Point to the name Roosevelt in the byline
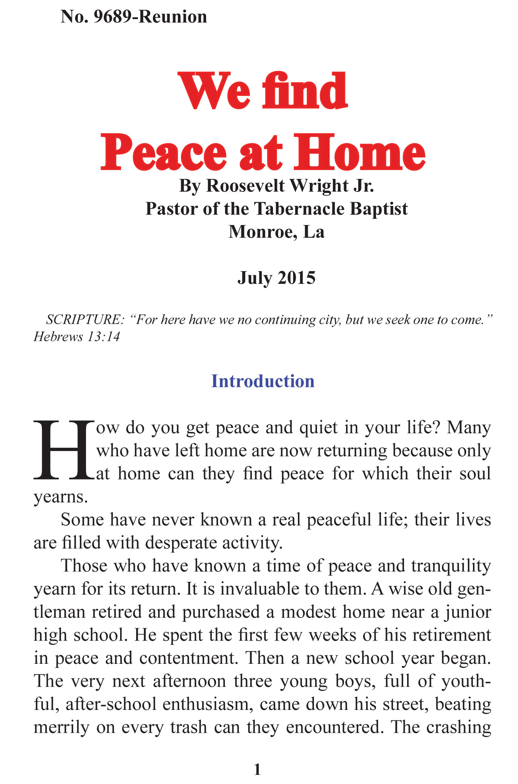(245, 186)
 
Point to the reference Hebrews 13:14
(76, 337)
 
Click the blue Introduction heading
(262, 381)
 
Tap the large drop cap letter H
(63, 450)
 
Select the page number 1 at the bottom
(258, 770)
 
